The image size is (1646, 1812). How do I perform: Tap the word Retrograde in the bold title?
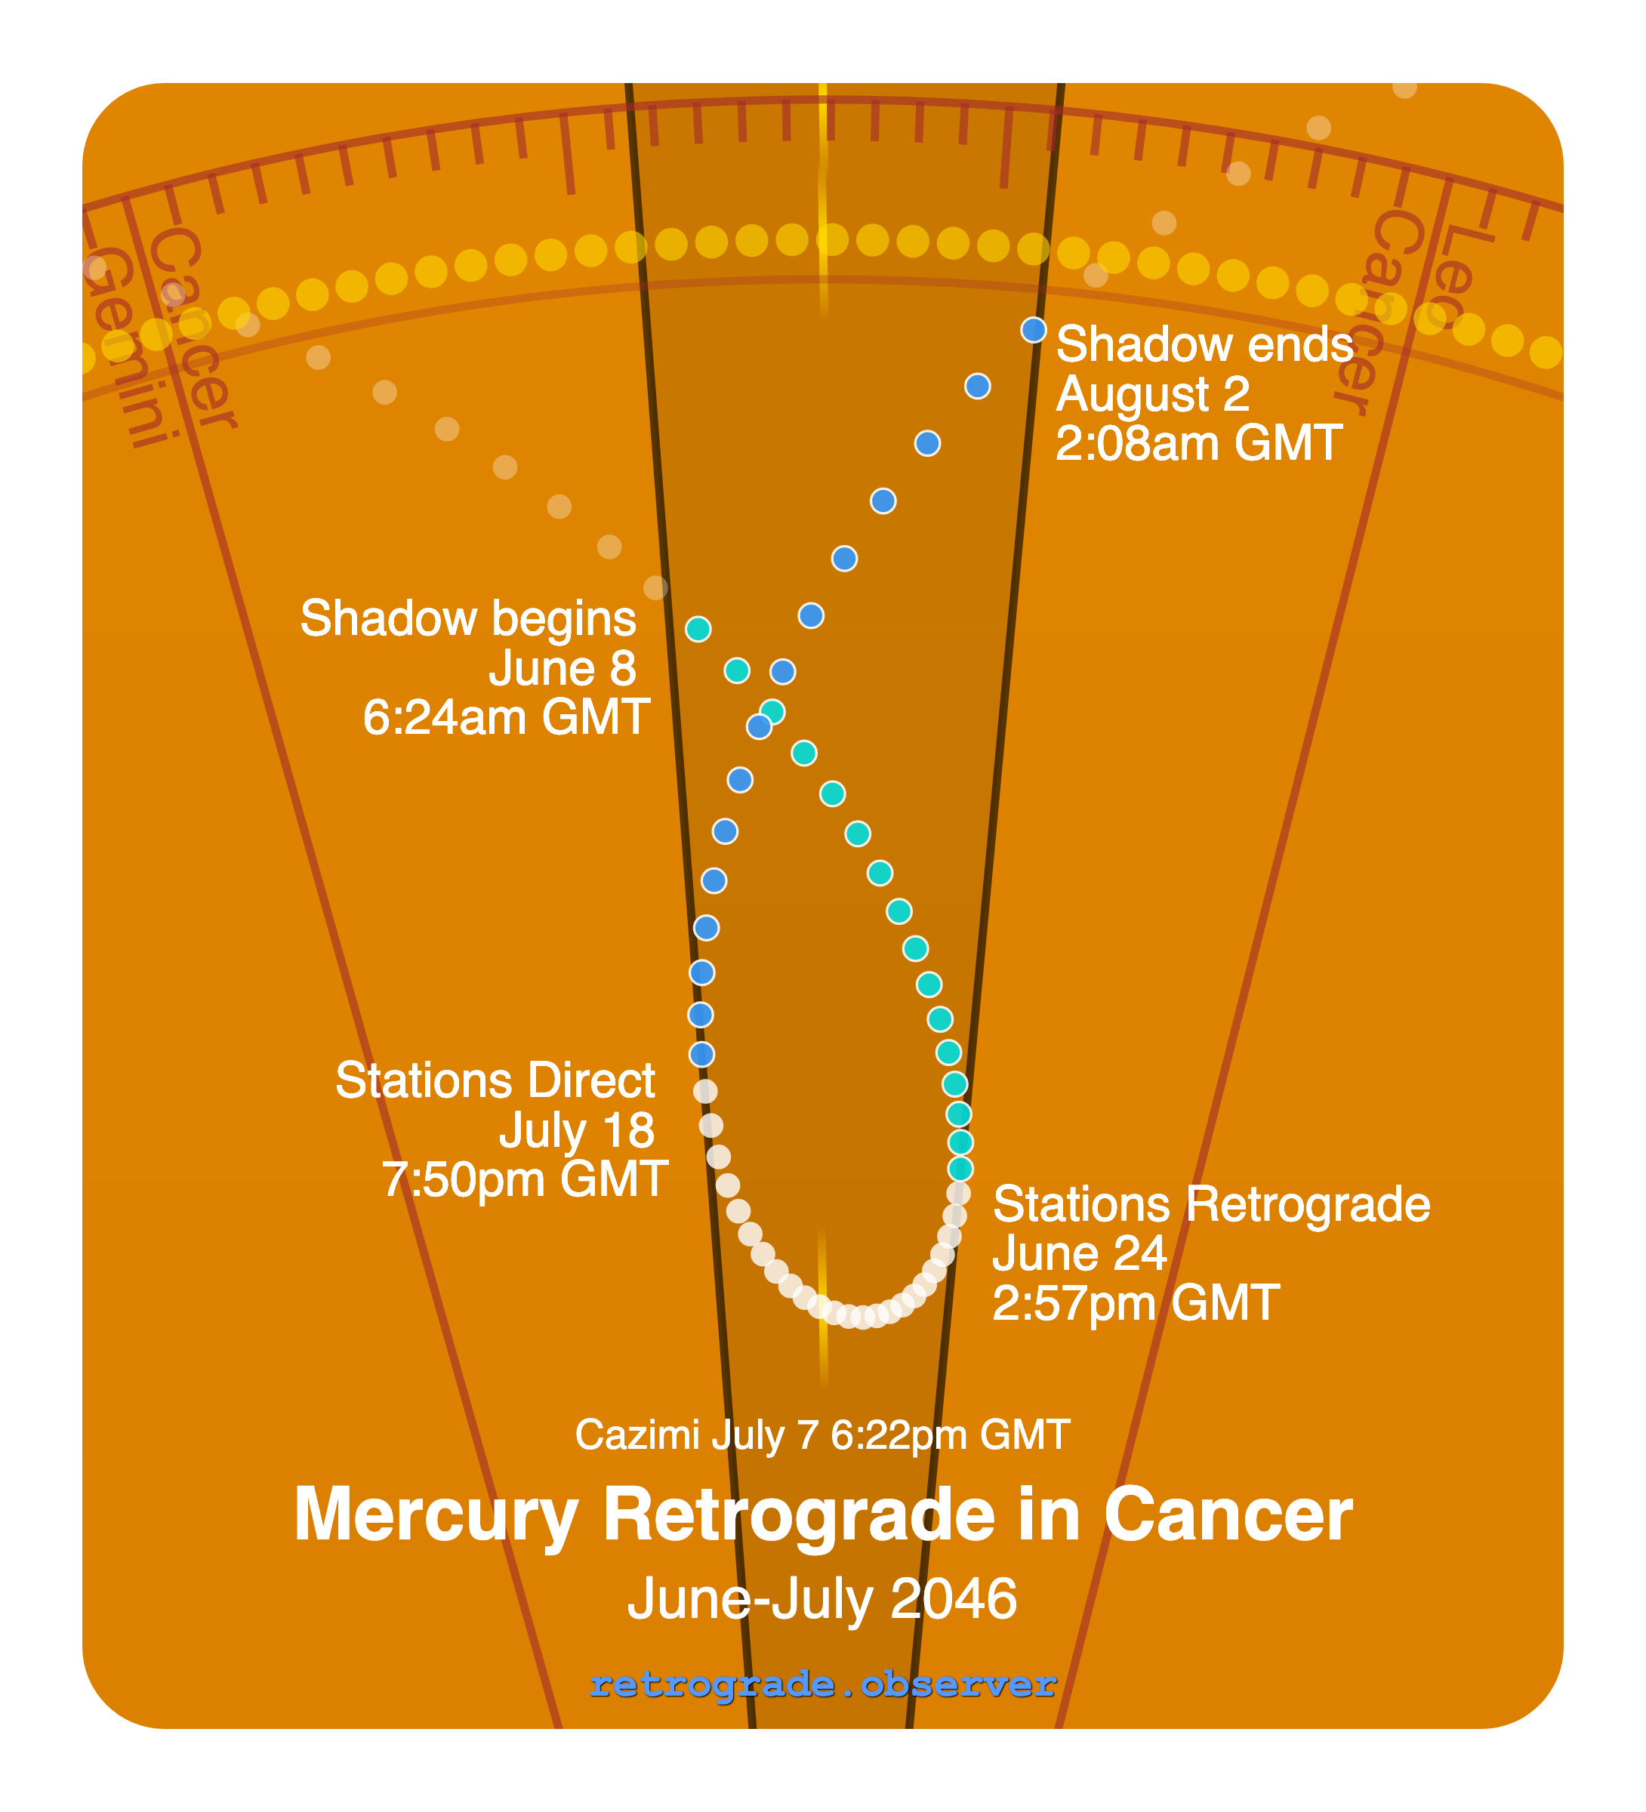799,1515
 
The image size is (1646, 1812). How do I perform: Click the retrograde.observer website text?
822,1684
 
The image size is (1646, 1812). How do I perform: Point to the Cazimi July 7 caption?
822,1434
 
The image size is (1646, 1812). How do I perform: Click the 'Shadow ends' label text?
1204,344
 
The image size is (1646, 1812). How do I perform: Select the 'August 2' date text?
1152,393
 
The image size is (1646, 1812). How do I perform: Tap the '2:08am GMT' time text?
1198,443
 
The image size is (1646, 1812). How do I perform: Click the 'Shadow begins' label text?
467,618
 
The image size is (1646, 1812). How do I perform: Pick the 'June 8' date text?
563,668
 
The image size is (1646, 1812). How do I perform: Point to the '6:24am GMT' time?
506,717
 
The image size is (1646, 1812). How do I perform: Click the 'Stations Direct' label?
495,1080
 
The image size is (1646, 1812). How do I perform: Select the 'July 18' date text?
577,1129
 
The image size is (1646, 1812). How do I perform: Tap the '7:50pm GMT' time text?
525,1179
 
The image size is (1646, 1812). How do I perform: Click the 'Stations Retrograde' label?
1211,1204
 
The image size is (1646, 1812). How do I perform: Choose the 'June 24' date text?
1079,1254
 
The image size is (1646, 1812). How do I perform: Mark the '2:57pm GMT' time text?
1136,1302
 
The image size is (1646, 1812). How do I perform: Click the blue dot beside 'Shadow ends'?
1034,330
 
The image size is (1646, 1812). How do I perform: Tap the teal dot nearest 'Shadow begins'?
698,629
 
